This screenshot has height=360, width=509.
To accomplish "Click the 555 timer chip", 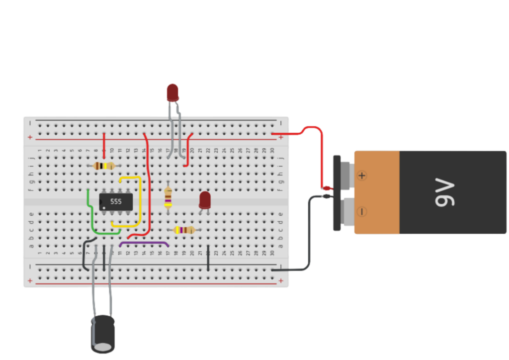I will pos(116,201).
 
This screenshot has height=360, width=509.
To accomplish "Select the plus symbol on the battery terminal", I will pos(362,176).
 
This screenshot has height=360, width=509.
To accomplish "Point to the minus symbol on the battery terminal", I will pos(362,212).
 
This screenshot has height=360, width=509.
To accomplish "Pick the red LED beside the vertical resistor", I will pos(205,200).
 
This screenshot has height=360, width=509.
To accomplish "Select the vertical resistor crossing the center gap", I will pos(168,197).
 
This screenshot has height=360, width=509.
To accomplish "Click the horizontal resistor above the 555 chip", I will pos(103,166).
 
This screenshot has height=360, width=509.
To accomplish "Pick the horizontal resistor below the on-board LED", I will pos(184,230).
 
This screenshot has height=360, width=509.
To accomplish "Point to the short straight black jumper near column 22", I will pos(208,257).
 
